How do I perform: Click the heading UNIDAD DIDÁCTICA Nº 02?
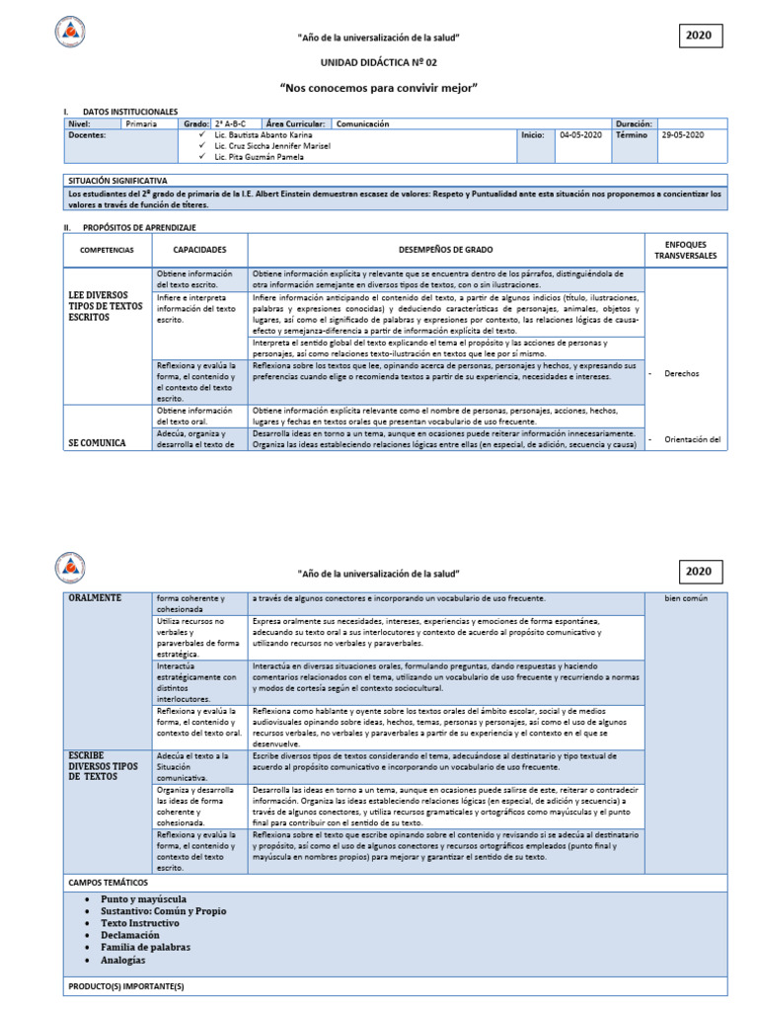[x=378, y=61]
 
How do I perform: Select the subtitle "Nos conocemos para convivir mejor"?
[x=378, y=88]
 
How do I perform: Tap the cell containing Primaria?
[x=141, y=124]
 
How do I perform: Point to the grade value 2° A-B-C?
[x=232, y=124]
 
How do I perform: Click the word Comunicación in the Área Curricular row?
[x=363, y=124]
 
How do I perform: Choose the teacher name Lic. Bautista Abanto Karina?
[x=262, y=135]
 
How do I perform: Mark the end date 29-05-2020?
[x=682, y=135]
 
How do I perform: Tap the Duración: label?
[x=634, y=124]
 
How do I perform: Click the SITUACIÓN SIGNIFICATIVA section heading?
[x=117, y=181]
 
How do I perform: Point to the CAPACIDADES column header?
[x=199, y=251]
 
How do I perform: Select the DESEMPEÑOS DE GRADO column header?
[x=445, y=251]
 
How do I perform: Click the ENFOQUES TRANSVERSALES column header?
[x=684, y=250]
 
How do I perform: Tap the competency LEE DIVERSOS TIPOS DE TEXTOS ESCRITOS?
[x=106, y=307]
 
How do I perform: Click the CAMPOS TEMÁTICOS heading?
[x=108, y=882]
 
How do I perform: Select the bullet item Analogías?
[x=122, y=960]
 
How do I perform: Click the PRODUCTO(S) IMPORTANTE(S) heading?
[x=125, y=986]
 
